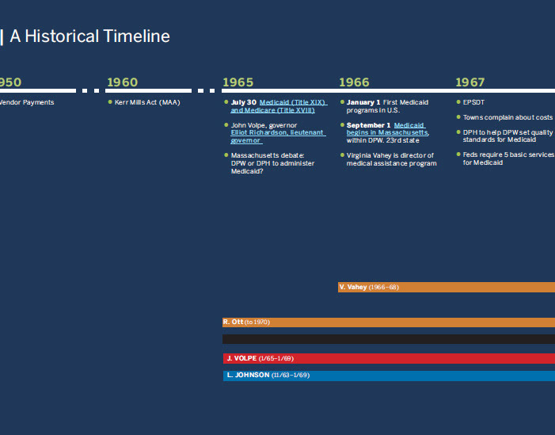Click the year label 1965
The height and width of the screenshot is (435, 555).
(x=238, y=82)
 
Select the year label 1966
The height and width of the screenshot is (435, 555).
(x=354, y=82)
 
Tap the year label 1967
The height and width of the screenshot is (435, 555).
(x=469, y=82)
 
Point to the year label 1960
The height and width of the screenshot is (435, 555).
(x=122, y=82)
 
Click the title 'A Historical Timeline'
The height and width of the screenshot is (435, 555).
(x=90, y=36)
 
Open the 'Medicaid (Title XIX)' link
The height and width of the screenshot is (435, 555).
(x=293, y=102)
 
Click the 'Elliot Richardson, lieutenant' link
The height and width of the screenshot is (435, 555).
(x=277, y=132)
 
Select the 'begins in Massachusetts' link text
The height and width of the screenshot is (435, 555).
(x=387, y=132)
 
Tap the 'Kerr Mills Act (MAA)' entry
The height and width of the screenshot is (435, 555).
(x=147, y=102)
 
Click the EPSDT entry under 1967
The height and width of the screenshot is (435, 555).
(x=473, y=102)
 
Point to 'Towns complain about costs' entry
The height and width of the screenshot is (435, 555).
(x=507, y=117)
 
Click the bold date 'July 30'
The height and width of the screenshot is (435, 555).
(x=244, y=102)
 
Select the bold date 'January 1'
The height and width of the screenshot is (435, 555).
(x=363, y=102)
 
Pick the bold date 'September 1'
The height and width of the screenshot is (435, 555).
(x=368, y=125)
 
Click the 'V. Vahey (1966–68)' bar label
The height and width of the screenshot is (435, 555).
(x=369, y=287)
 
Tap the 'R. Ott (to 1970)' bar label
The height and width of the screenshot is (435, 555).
(x=246, y=322)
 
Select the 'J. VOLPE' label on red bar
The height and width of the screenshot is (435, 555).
(x=241, y=358)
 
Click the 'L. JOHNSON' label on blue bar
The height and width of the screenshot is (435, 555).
(x=248, y=375)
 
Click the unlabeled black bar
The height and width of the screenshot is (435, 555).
(x=389, y=339)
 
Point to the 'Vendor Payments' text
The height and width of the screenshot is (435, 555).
(x=27, y=102)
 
